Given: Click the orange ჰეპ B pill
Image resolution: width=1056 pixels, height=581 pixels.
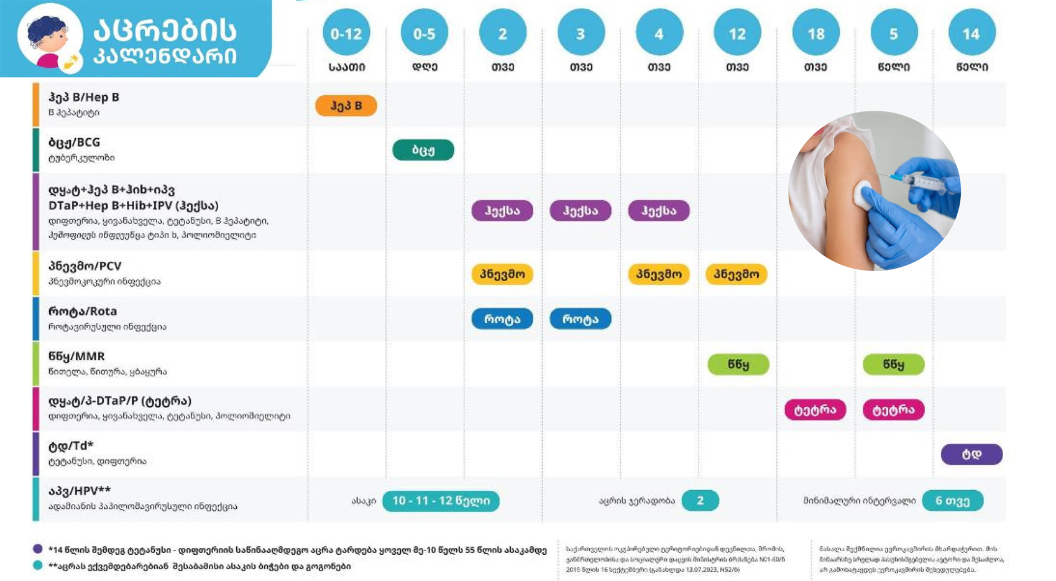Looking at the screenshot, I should click(346, 106).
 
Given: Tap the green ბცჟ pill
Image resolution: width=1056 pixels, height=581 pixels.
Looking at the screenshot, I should click(423, 150).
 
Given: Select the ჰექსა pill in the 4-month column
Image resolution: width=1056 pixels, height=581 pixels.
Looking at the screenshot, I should click(659, 211).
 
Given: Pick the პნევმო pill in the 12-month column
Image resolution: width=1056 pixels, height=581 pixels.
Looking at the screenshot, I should click(737, 274).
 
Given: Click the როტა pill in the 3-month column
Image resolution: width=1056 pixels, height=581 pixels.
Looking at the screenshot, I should click(581, 319).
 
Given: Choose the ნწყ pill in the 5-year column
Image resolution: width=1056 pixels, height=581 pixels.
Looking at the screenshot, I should click(893, 365).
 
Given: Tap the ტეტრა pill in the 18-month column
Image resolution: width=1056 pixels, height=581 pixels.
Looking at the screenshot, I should click(815, 410).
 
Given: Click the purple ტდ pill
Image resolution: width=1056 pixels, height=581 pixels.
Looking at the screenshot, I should click(971, 455).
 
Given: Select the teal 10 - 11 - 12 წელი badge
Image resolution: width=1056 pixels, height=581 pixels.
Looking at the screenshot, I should click(441, 501).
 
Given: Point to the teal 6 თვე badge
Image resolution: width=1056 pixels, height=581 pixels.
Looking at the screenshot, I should click(952, 501).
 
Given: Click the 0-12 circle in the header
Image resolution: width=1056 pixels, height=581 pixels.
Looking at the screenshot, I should click(346, 33).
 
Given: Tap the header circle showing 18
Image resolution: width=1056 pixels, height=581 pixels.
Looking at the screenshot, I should click(815, 33).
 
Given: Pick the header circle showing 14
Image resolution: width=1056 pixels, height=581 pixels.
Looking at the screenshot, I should click(971, 33).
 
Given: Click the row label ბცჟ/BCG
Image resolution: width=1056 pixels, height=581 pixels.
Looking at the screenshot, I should click(75, 142).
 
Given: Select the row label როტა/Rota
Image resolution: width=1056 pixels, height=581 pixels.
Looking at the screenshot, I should click(83, 311).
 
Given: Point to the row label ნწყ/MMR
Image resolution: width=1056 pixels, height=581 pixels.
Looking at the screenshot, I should click(76, 356).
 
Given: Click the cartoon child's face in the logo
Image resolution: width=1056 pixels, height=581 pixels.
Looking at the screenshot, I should click(49, 39).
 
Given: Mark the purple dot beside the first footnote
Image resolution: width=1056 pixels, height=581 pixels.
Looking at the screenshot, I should click(38, 549).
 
